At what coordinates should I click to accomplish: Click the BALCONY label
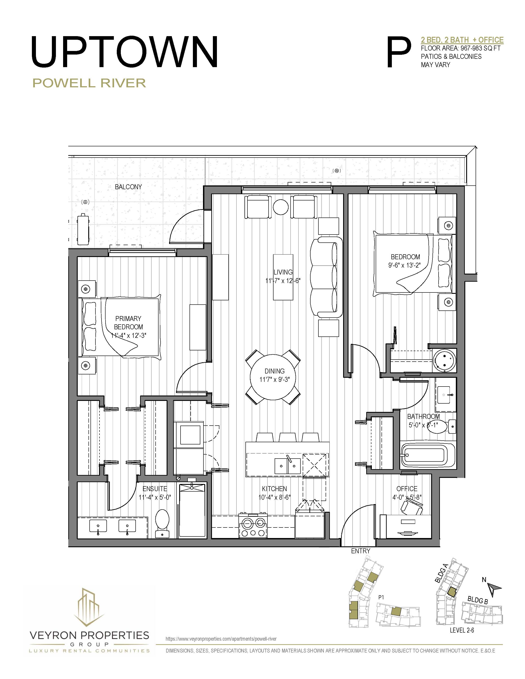pyautogui.click(x=128, y=187)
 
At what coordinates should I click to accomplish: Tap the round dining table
pyautogui.click(x=273, y=377)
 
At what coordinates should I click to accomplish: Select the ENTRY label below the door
pyautogui.click(x=360, y=551)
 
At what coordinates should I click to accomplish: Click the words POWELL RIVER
pyautogui.click(x=89, y=83)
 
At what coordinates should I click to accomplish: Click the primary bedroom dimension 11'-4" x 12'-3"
pyautogui.click(x=128, y=335)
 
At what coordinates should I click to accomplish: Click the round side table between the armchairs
pyautogui.click(x=280, y=207)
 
